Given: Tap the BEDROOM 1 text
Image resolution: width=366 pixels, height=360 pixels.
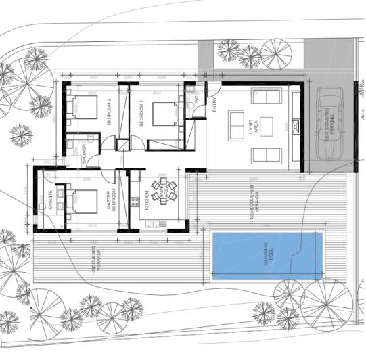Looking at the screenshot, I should pos(141,113).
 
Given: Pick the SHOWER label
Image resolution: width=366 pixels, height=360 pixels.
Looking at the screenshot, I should pos(85,154).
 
